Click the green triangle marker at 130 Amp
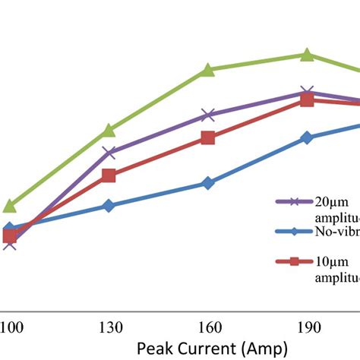[x=109, y=130]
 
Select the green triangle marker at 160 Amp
[x=208, y=70]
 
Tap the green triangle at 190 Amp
[x=307, y=54]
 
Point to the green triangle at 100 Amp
[x=10, y=206]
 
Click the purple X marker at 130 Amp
[x=109, y=153]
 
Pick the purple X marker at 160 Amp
[x=208, y=115]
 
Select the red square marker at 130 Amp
[x=109, y=175]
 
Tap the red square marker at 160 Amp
[x=208, y=137]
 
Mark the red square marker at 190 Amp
[x=307, y=99]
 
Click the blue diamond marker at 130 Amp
[x=109, y=206]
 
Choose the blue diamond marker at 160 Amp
[x=208, y=183]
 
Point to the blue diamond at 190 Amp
[x=307, y=137]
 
